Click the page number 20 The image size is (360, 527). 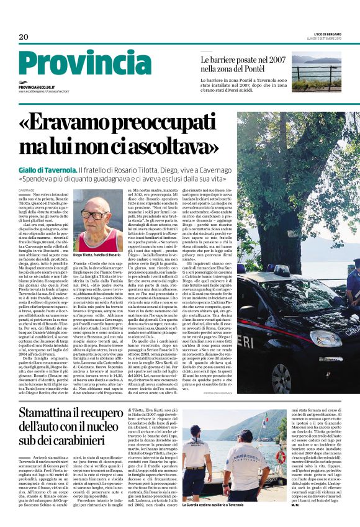pos(24,37)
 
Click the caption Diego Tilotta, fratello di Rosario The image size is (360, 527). pos(96,254)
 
